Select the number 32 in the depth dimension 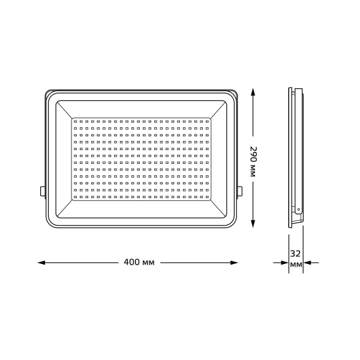point(295,253)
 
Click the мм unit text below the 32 point(295,265)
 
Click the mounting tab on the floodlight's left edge point(43,191)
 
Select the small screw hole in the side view point(298,209)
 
